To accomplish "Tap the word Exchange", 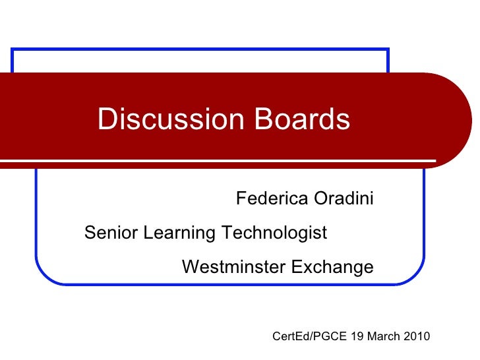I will pos(332,267).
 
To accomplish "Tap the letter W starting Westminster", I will pos(189,267).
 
